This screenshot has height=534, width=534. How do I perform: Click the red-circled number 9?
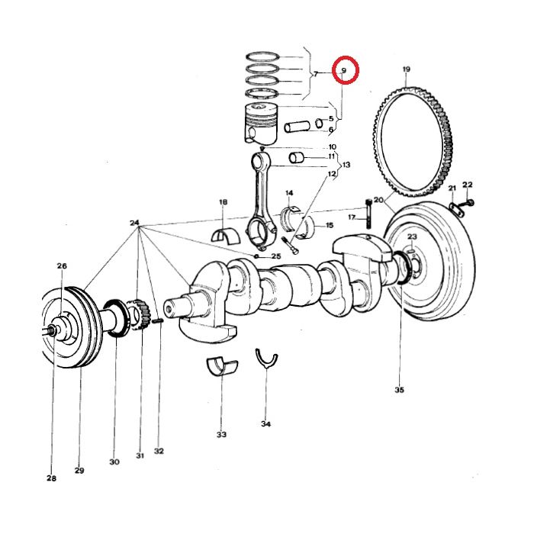coord(345,71)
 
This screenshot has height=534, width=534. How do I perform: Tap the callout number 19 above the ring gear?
coord(406,70)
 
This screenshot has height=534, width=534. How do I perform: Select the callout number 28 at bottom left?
coord(51,478)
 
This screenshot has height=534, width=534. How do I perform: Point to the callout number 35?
coord(399,390)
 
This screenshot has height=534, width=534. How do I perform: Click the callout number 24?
coord(135,224)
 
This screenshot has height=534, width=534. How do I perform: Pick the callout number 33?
coord(221,435)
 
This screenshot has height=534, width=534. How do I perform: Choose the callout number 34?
coord(265,423)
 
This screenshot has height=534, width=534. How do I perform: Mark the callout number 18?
coord(223,202)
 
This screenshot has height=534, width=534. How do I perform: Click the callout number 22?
coord(468,185)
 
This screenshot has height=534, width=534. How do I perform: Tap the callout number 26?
coord(62,265)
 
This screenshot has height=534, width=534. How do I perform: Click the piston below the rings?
coord(262,124)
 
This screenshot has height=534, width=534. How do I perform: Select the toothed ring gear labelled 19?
coord(413,141)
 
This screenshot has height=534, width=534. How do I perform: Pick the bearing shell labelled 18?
coord(226,233)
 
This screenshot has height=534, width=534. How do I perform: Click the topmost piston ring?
coord(264,56)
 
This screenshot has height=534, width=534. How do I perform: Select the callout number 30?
coord(114,462)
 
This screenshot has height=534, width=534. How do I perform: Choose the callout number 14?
coord(290,193)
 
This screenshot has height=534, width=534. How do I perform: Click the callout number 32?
coord(159,451)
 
